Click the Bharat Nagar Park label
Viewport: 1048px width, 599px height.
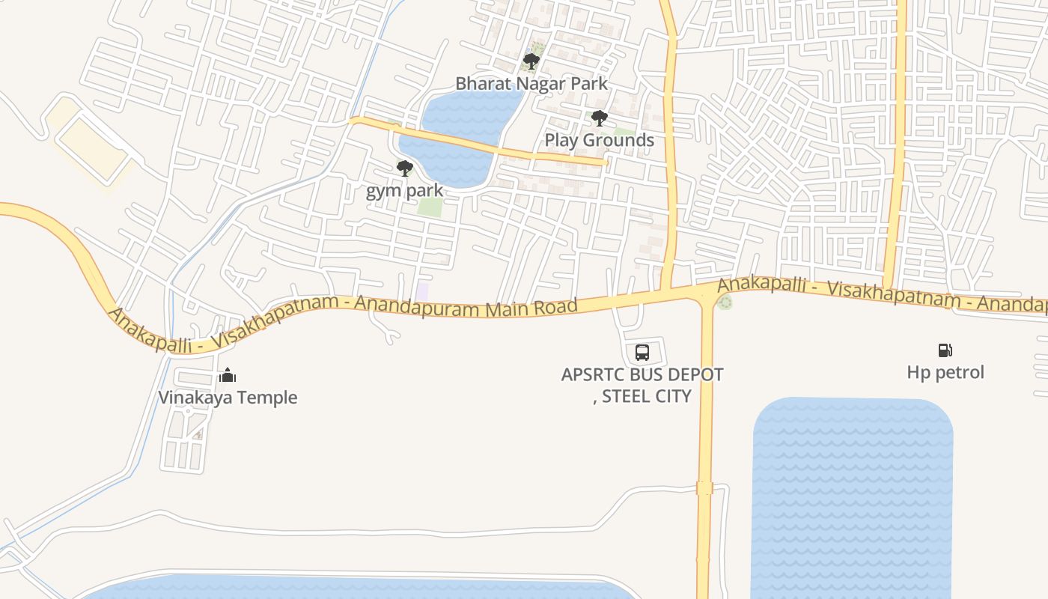[531, 84]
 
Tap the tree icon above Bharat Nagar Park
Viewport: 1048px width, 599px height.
[531, 61]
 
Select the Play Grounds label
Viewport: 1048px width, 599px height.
[599, 140]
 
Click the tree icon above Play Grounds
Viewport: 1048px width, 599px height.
[599, 118]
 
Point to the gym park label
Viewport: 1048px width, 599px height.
[404, 191]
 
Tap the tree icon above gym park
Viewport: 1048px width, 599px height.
[405, 168]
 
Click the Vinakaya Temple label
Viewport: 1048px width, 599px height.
[228, 398]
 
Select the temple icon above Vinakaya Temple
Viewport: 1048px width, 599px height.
[228, 375]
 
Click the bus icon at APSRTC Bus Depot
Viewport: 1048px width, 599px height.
[642, 352]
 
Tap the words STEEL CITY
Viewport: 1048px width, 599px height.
[646, 396]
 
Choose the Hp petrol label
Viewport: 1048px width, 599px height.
[945, 372]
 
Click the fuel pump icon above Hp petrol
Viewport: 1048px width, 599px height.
[945, 350]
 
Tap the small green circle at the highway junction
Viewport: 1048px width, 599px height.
[724, 302]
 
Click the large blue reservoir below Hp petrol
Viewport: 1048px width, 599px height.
[852, 494]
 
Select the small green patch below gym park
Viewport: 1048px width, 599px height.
[430, 207]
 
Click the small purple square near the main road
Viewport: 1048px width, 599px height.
[423, 291]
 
